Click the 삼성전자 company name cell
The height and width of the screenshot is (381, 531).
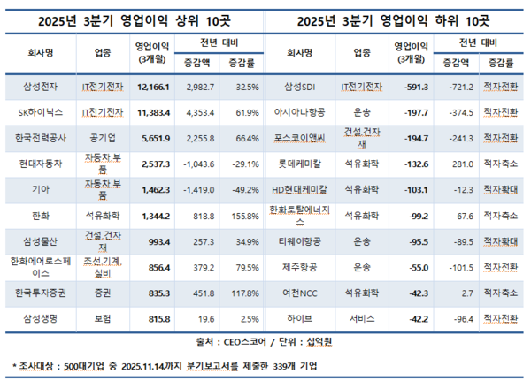pyautogui.click(x=39, y=87)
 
